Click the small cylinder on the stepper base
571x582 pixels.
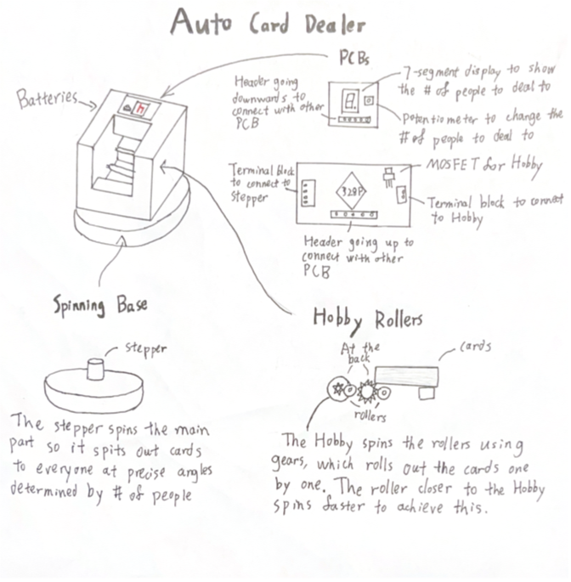pyautogui.click(x=95, y=370)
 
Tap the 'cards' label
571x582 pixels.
pyautogui.click(x=477, y=347)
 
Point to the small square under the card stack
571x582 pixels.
pyautogui.click(x=427, y=393)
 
